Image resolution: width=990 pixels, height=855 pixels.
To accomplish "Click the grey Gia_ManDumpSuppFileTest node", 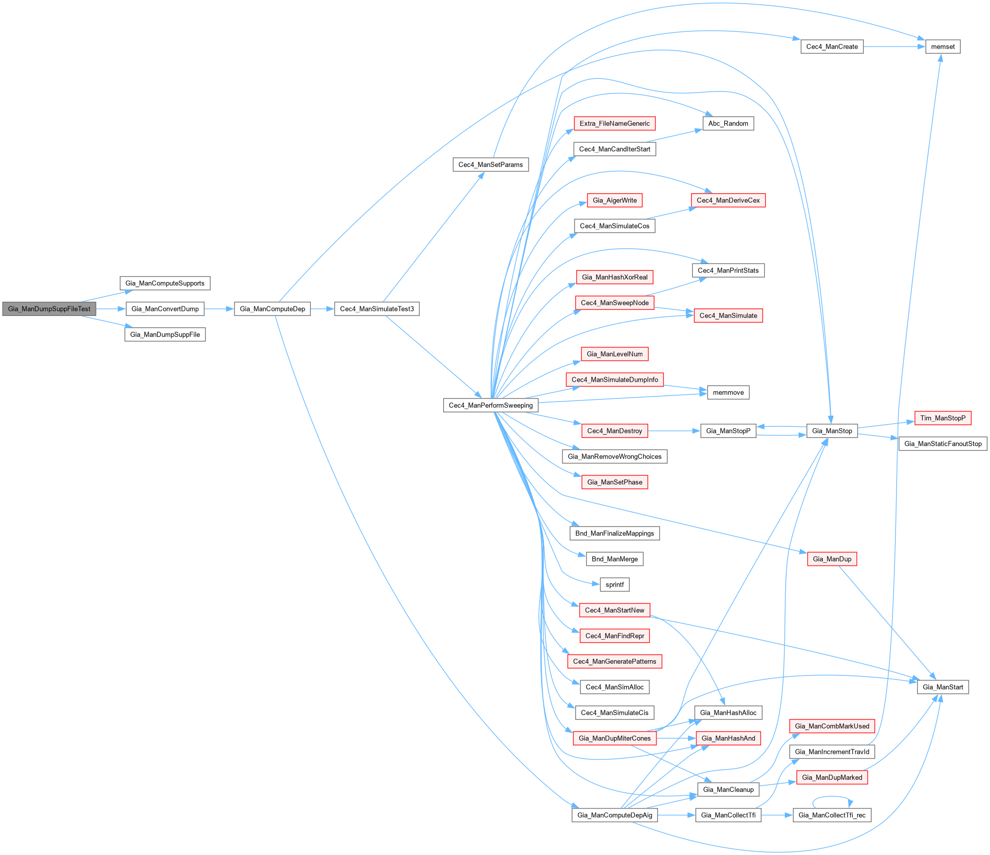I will coord(49,309).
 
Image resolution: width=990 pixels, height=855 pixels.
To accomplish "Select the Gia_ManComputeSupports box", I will coord(165,283).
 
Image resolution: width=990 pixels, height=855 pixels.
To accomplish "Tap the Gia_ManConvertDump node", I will coord(165,309).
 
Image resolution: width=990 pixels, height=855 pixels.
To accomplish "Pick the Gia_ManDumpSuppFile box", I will coord(165,335).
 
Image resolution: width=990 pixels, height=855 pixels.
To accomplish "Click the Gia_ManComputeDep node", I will coord(272,309).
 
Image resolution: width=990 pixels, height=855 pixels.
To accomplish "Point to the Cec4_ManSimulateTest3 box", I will coord(376,309).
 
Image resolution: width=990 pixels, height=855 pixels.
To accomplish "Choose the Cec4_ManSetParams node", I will coord(490,165).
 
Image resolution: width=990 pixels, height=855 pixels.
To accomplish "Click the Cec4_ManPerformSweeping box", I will coord(490,406).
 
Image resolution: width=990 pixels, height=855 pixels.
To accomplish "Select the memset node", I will coord(942,47).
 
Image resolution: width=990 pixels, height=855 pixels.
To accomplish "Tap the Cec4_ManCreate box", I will coord(832,47).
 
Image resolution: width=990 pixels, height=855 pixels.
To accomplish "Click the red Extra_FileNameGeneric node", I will coord(615,123).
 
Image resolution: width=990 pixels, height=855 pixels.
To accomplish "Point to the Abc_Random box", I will coord(728,123).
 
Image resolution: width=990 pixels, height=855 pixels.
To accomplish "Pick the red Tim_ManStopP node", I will coord(942,418).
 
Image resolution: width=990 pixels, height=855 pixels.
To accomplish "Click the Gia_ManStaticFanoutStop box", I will coord(942,444).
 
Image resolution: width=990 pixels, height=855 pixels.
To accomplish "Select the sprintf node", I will coord(615,585).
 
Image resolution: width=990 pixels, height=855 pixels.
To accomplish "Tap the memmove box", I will coord(728,392).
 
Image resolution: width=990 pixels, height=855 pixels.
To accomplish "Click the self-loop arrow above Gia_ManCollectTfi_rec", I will coord(832,797).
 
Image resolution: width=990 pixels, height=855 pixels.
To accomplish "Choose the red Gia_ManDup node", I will coord(832,559).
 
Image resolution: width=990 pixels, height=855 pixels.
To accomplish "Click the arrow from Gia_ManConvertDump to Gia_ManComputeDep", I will coord(219,309).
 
